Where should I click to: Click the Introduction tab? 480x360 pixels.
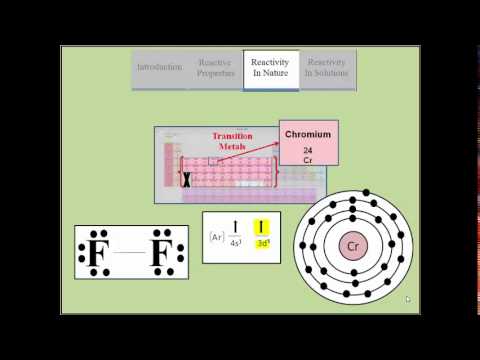[x=160, y=67]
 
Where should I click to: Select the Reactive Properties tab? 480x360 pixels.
[x=216, y=67]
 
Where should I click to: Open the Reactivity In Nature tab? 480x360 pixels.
[x=270, y=67]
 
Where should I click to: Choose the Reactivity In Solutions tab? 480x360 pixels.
[x=326, y=67]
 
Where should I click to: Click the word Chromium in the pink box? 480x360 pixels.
[x=308, y=134]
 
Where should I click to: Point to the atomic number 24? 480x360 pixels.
[x=308, y=150]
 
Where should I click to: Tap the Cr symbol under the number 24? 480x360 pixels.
[x=308, y=159]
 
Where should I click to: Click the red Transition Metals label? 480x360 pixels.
[x=232, y=141]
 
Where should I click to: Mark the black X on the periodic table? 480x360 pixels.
[x=186, y=180]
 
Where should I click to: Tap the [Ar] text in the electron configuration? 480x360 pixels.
[x=215, y=237]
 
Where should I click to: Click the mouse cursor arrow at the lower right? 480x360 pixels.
[x=408, y=298]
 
